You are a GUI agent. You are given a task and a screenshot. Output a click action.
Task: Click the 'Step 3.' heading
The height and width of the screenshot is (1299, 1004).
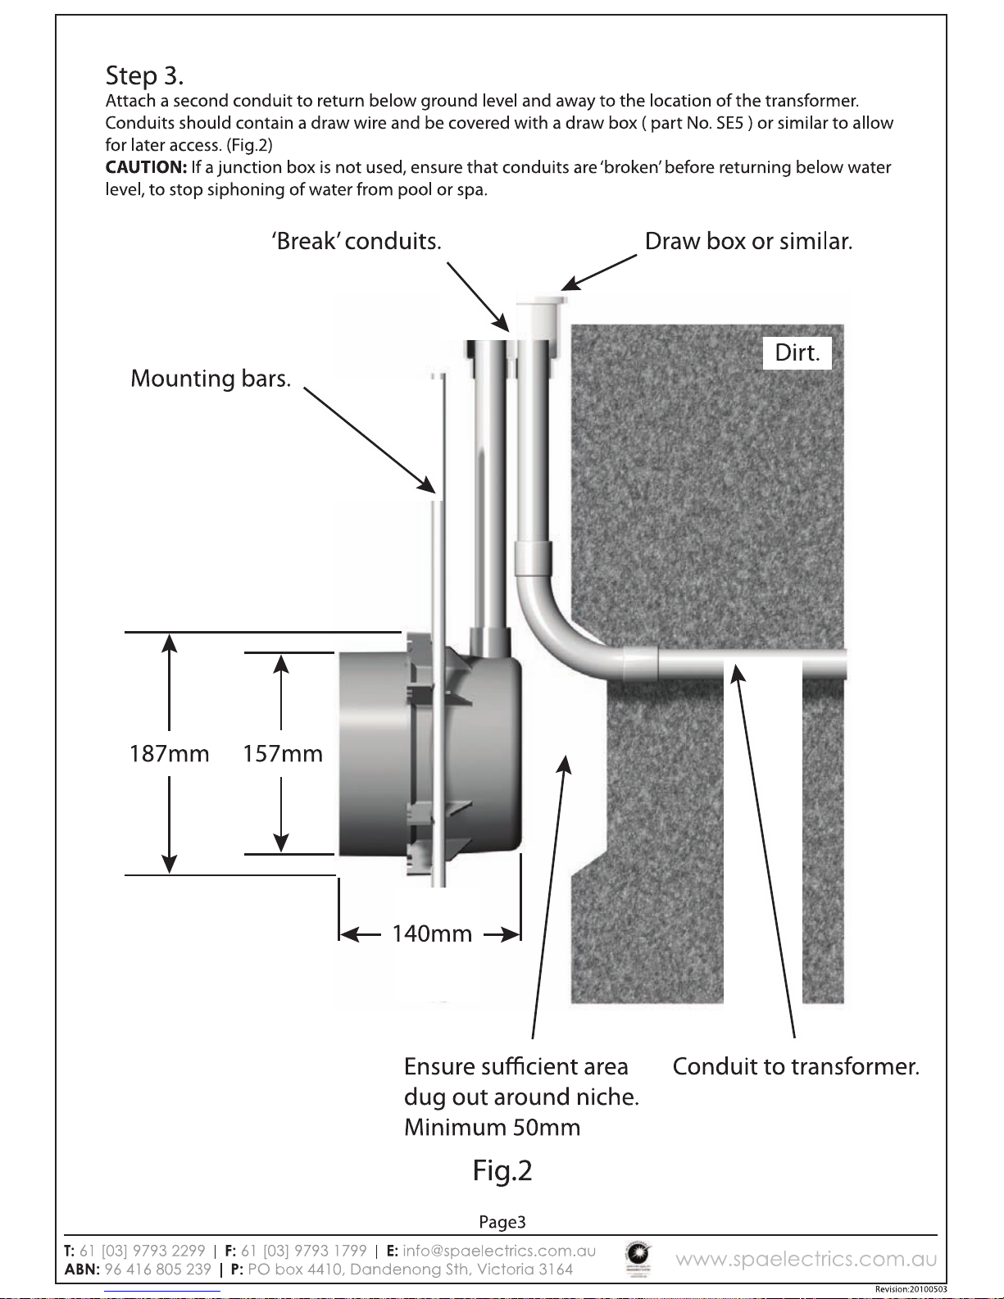[144, 76]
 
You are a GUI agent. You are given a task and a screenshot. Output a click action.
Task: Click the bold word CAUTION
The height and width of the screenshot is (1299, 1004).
[146, 167]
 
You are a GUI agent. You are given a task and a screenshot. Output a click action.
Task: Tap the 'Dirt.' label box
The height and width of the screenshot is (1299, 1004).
[797, 352]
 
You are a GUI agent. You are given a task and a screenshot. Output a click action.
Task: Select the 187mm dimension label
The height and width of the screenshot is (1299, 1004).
[169, 754]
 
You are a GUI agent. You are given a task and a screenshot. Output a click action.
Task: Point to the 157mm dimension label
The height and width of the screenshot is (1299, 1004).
[282, 754]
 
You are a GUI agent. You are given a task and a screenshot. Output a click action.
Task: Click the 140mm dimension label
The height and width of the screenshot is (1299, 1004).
[432, 933]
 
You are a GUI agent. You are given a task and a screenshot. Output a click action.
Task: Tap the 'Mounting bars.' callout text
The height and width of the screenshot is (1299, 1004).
[211, 379]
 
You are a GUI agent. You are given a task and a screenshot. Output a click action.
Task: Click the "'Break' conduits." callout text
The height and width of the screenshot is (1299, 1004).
[357, 241]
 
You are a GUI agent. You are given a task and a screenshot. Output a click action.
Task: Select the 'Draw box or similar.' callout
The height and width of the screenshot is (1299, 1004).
[748, 241]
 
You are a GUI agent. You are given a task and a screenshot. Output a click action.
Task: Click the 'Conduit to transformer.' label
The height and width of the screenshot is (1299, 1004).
[796, 1066]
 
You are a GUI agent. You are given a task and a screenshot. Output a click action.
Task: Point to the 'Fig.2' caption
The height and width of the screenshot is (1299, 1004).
[502, 1170]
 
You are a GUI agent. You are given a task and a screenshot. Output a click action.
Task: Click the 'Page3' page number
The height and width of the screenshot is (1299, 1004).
[502, 1222]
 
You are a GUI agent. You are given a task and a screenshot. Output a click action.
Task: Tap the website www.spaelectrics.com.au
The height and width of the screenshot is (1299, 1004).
[806, 1259]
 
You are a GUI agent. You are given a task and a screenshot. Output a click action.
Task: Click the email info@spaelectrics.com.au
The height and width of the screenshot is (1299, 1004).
[499, 1251]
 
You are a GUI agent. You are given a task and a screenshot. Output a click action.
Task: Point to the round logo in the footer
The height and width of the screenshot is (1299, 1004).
[638, 1258]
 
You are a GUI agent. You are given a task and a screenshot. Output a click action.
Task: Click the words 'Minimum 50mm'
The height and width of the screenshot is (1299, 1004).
[492, 1128]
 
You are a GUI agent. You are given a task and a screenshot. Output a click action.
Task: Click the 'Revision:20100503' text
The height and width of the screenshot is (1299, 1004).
[911, 1289]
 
